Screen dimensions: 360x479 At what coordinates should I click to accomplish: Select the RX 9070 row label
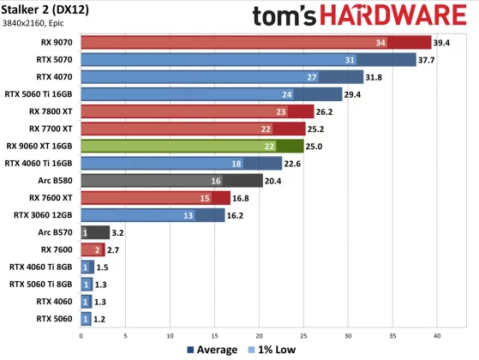click(54, 43)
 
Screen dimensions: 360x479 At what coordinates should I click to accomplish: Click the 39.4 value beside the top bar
click(442, 43)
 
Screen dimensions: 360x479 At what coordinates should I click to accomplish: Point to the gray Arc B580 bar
click(171, 180)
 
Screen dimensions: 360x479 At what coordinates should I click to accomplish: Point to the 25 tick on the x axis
click(304, 335)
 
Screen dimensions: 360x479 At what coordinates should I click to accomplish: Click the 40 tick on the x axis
click(438, 335)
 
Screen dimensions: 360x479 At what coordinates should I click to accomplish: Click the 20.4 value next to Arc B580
click(275, 180)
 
